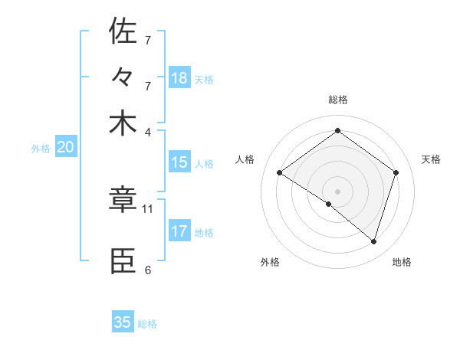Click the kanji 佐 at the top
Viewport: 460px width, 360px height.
point(123,31)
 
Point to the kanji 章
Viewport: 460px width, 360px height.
point(123,200)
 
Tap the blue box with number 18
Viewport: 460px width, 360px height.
point(179,77)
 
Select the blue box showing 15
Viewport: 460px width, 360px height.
point(179,162)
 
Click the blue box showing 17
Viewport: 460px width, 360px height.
point(179,231)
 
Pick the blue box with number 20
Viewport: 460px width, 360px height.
point(65,148)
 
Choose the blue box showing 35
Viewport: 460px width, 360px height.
point(123,322)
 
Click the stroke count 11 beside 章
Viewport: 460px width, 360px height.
point(148,208)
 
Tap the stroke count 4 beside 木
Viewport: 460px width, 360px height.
point(148,131)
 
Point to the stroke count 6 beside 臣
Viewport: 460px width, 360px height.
point(148,270)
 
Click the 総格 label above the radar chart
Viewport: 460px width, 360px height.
point(337,100)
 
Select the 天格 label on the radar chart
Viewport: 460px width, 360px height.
point(431,159)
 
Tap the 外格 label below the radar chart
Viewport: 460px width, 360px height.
point(270,262)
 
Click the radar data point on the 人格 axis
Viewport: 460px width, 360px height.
point(280,173)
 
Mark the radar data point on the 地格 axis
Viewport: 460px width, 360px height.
point(373,242)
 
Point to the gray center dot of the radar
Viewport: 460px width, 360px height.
point(337,191)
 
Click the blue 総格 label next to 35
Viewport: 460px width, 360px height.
point(147,324)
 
